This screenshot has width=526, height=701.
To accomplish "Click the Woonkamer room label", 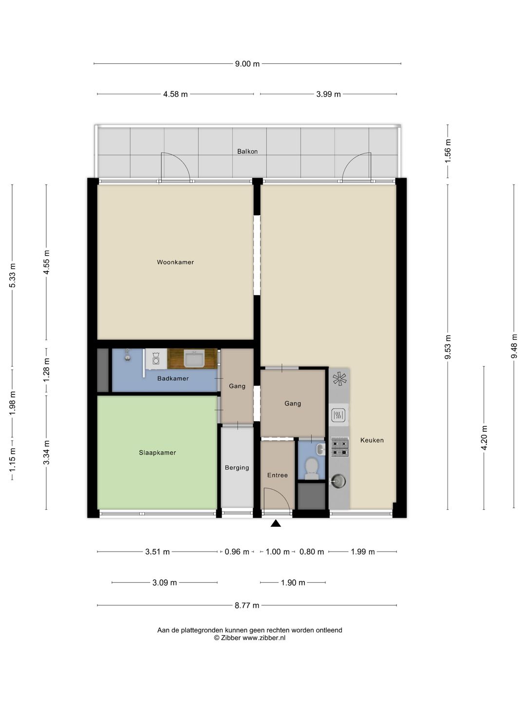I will (x=175, y=262).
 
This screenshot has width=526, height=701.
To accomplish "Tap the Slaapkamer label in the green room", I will (x=157, y=453).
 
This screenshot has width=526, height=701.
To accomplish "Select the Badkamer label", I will (x=173, y=378).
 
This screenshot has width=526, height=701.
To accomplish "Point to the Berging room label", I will (x=237, y=468).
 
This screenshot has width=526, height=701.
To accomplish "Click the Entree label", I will (x=278, y=475).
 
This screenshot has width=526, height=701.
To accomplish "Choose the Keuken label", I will (x=372, y=440).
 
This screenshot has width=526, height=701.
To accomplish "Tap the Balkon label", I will (x=247, y=151).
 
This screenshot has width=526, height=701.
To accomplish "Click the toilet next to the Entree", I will (x=311, y=468).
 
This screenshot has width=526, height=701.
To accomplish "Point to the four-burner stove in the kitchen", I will (x=339, y=447).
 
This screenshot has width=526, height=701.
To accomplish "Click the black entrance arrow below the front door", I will (x=276, y=524).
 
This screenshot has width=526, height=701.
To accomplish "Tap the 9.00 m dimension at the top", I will (x=247, y=64).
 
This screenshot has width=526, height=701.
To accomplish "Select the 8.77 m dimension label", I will (x=247, y=606).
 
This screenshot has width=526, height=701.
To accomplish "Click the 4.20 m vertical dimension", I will (x=484, y=438).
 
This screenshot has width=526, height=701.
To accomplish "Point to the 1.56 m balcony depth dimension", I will (x=448, y=150).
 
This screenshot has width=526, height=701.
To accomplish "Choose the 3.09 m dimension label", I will (x=165, y=583).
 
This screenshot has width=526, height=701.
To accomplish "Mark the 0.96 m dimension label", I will (x=237, y=552).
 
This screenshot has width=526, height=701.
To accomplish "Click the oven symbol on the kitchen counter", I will (x=338, y=415).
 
